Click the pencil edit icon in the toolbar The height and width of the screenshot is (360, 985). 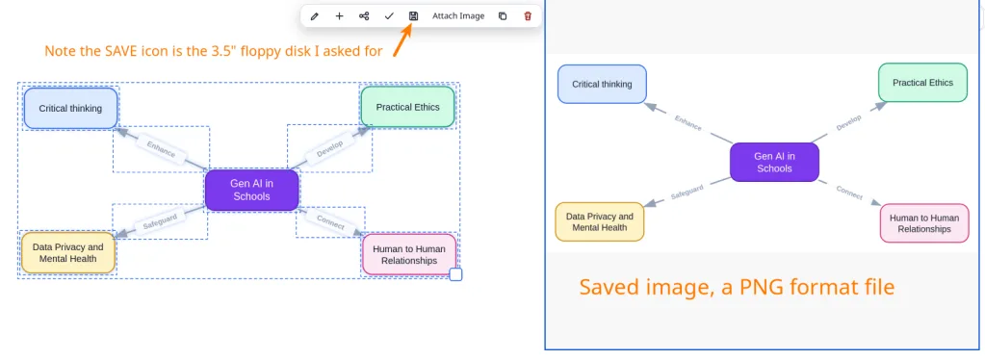[315, 16]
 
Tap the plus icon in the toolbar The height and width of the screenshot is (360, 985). [339, 15]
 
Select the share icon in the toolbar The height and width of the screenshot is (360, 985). [364, 15]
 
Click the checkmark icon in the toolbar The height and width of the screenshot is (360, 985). [389, 15]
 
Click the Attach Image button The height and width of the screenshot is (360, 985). [458, 15]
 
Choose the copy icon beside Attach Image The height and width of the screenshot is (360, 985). [503, 15]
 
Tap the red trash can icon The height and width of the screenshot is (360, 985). [528, 15]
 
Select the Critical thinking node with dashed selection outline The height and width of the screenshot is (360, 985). [71, 108]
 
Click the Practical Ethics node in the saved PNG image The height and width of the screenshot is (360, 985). [922, 83]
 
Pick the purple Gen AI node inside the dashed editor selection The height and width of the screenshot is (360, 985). [251, 190]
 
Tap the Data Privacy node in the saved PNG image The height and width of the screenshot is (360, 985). [599, 221]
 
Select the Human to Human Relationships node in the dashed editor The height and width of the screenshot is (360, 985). [409, 254]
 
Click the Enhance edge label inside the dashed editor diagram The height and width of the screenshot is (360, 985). [161, 149]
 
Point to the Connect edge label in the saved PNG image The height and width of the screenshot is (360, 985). [849, 193]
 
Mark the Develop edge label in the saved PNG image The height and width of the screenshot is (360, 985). [848, 122]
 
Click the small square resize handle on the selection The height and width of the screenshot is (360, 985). [455, 274]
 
